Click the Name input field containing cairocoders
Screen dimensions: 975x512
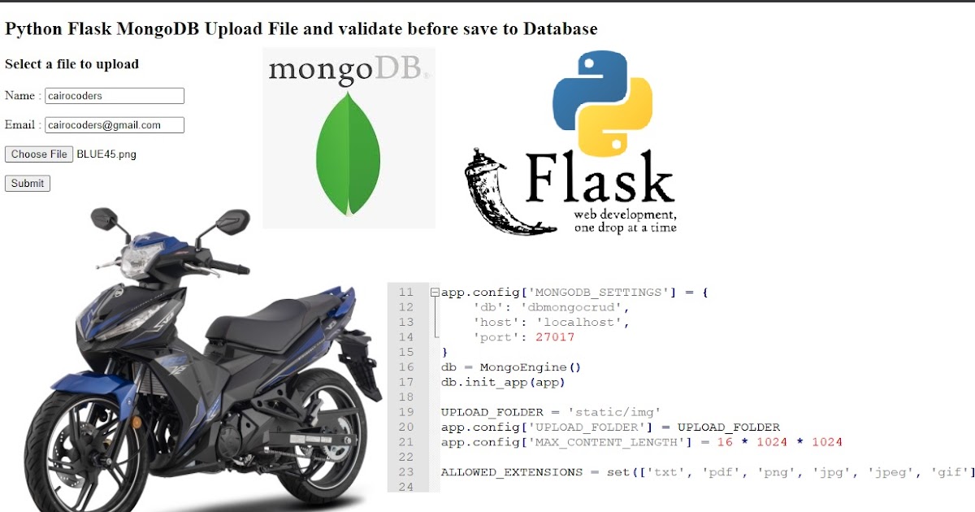pos(115,96)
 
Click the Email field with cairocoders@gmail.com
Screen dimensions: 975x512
pos(115,125)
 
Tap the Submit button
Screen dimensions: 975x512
pos(28,184)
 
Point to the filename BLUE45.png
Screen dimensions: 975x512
pos(106,154)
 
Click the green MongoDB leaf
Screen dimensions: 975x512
pos(348,154)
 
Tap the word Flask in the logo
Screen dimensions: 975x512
pos(600,177)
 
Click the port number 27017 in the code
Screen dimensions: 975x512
pos(555,337)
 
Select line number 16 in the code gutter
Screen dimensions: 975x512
pos(406,367)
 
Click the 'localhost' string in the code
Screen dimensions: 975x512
pos(586,323)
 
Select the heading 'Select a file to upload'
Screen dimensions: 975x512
pos(71,64)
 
